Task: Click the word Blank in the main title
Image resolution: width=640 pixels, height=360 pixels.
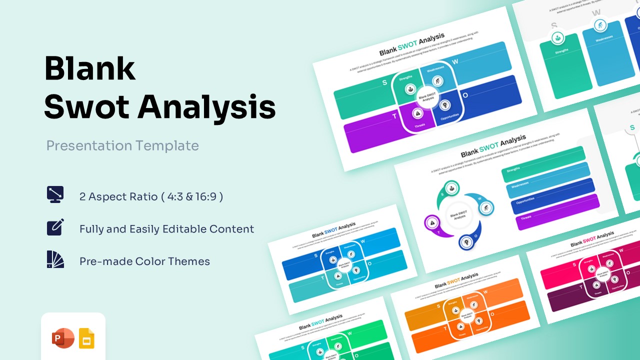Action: pyautogui.click(x=90, y=69)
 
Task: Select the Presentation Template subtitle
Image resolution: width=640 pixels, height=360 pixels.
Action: pyautogui.click(x=122, y=145)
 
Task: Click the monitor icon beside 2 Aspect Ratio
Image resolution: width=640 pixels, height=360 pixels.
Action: pyautogui.click(x=55, y=194)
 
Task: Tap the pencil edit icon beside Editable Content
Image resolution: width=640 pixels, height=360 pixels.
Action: pyautogui.click(x=55, y=227)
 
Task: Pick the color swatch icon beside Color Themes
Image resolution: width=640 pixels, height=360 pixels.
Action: pyautogui.click(x=55, y=259)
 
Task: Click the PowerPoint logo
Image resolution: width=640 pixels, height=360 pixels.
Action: pyautogui.click(x=62, y=338)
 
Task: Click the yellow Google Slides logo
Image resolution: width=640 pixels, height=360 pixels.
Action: pyautogui.click(x=86, y=338)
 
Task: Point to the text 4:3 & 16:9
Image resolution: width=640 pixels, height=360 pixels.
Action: pyautogui.click(x=192, y=196)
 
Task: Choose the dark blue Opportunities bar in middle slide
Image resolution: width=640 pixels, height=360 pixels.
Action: pyautogui.click(x=552, y=194)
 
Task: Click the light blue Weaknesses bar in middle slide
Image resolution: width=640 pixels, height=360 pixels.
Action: pyautogui.click(x=547, y=179)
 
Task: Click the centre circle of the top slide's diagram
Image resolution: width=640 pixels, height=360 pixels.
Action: pyautogui.click(x=427, y=96)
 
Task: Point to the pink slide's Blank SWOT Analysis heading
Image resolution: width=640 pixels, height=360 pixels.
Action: pyautogui.click(x=592, y=239)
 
